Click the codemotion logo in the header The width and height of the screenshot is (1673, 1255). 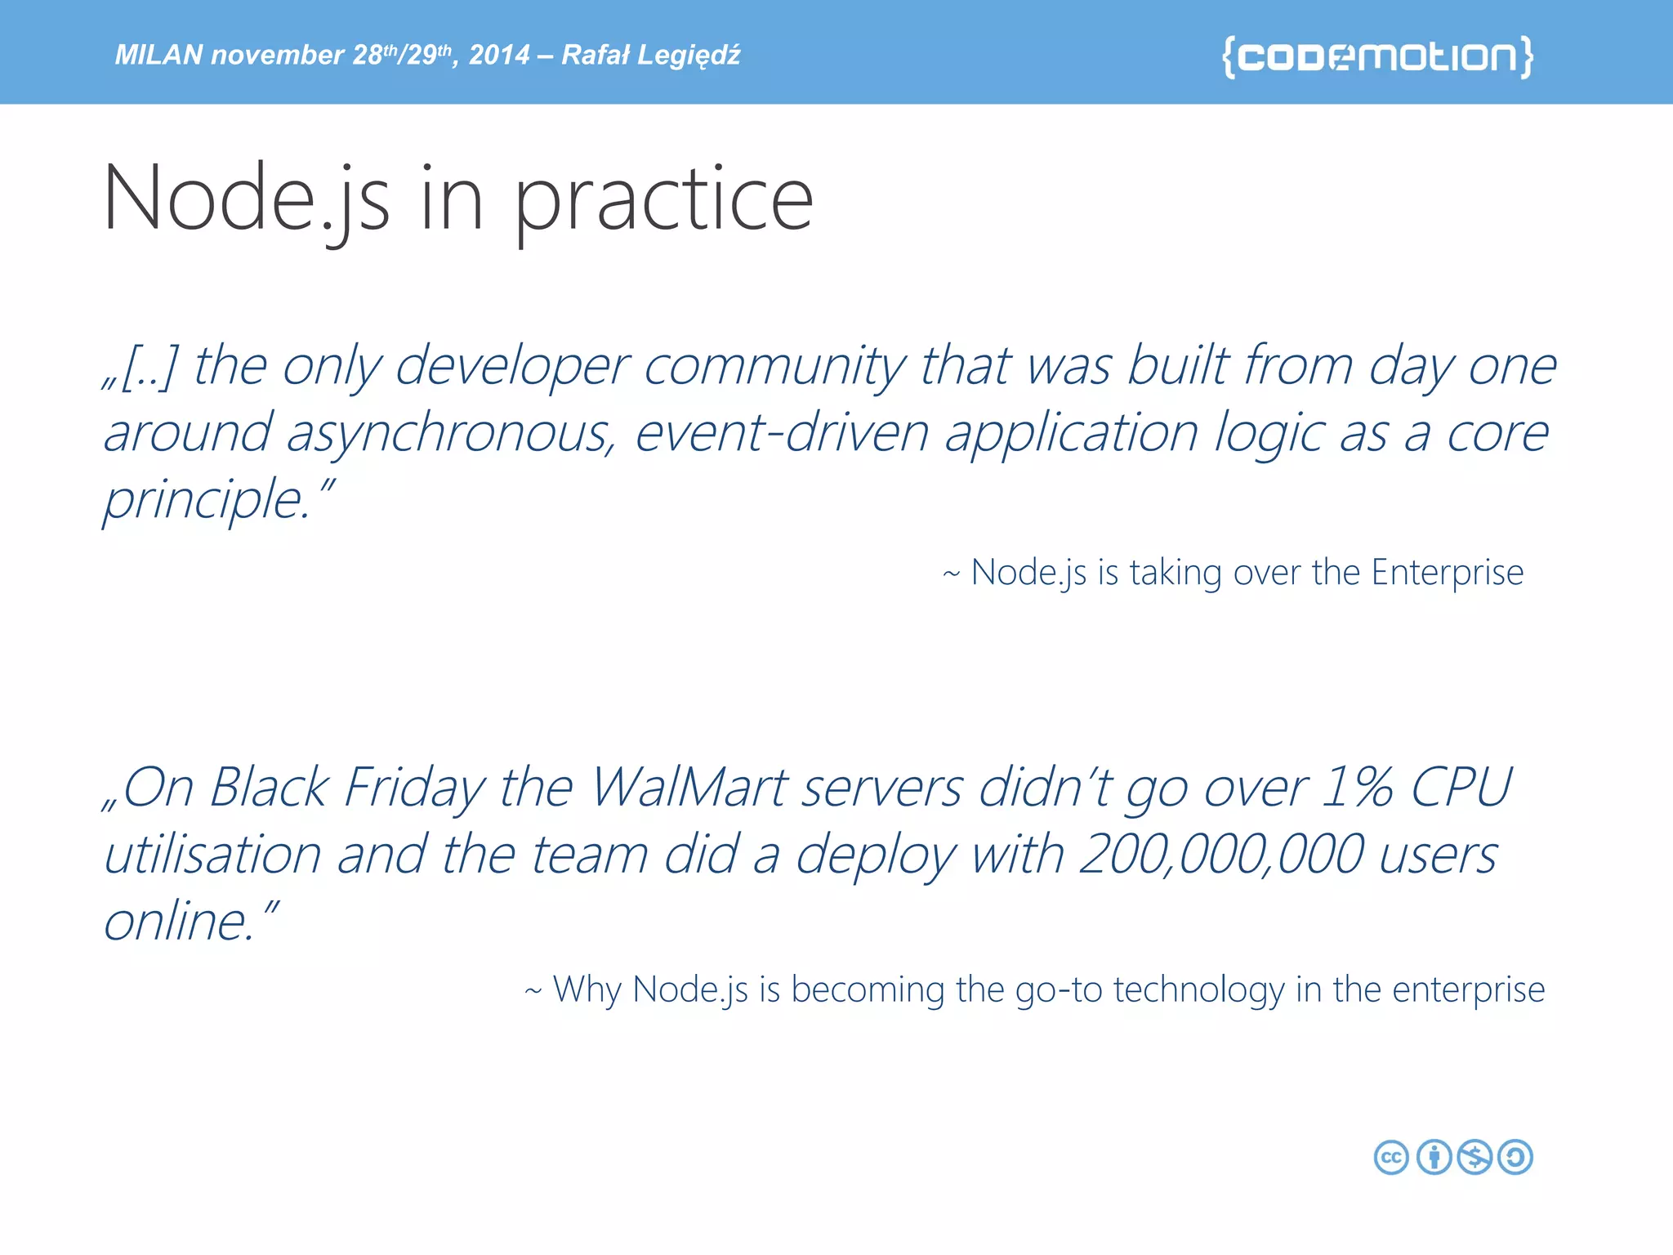tap(1377, 56)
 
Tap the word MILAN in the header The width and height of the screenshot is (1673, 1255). tap(158, 55)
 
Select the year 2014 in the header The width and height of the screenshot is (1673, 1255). tap(499, 55)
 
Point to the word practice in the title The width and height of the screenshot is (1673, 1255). tap(663, 200)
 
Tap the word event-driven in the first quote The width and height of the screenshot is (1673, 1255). tap(782, 432)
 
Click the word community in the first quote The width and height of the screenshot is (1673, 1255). tap(774, 365)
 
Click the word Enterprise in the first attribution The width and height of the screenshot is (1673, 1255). tap(1447, 572)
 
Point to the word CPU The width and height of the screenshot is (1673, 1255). tap(1462, 788)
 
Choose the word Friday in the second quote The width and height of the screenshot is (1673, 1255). tap(414, 788)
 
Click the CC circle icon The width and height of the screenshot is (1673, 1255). tap(1391, 1157)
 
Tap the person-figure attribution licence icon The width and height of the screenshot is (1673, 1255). tap(1434, 1157)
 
